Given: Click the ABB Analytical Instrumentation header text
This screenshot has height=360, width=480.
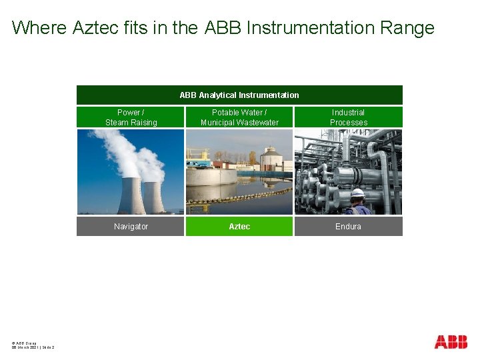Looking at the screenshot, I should [239, 95].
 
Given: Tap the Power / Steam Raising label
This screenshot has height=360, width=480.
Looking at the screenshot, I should [131, 117].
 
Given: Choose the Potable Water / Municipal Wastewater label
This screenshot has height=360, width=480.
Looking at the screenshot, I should [239, 117].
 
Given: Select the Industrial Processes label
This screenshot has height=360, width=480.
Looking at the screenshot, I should [348, 117].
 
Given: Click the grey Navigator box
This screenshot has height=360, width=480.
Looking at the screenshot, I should [131, 227].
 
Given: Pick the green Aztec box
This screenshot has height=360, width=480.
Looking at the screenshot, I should [239, 227].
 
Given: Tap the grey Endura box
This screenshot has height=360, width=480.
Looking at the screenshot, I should [348, 227].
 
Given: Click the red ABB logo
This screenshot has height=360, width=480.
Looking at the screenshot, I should [451, 342].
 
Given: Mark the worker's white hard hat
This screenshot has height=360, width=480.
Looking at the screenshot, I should [358, 193].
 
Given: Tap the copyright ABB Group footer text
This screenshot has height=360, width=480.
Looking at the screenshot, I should [25, 342].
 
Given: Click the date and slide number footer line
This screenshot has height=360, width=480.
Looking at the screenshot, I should [33, 347].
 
